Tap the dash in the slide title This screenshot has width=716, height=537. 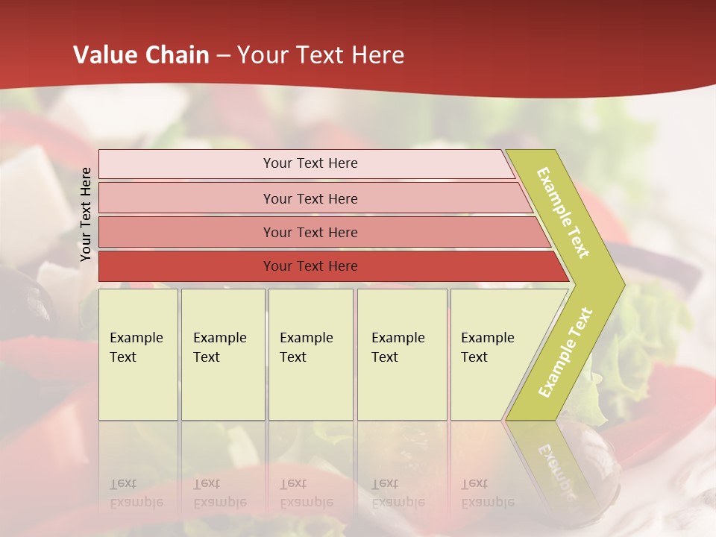click(x=223, y=56)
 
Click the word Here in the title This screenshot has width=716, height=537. click(x=377, y=55)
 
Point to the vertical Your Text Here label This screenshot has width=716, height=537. click(x=86, y=214)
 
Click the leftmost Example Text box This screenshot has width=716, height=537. click(x=138, y=354)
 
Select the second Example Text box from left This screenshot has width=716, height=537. click(x=222, y=354)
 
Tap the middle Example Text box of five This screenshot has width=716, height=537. click(x=310, y=354)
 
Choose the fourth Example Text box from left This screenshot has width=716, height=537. click(x=401, y=354)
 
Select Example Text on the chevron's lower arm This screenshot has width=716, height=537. click(x=565, y=352)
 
